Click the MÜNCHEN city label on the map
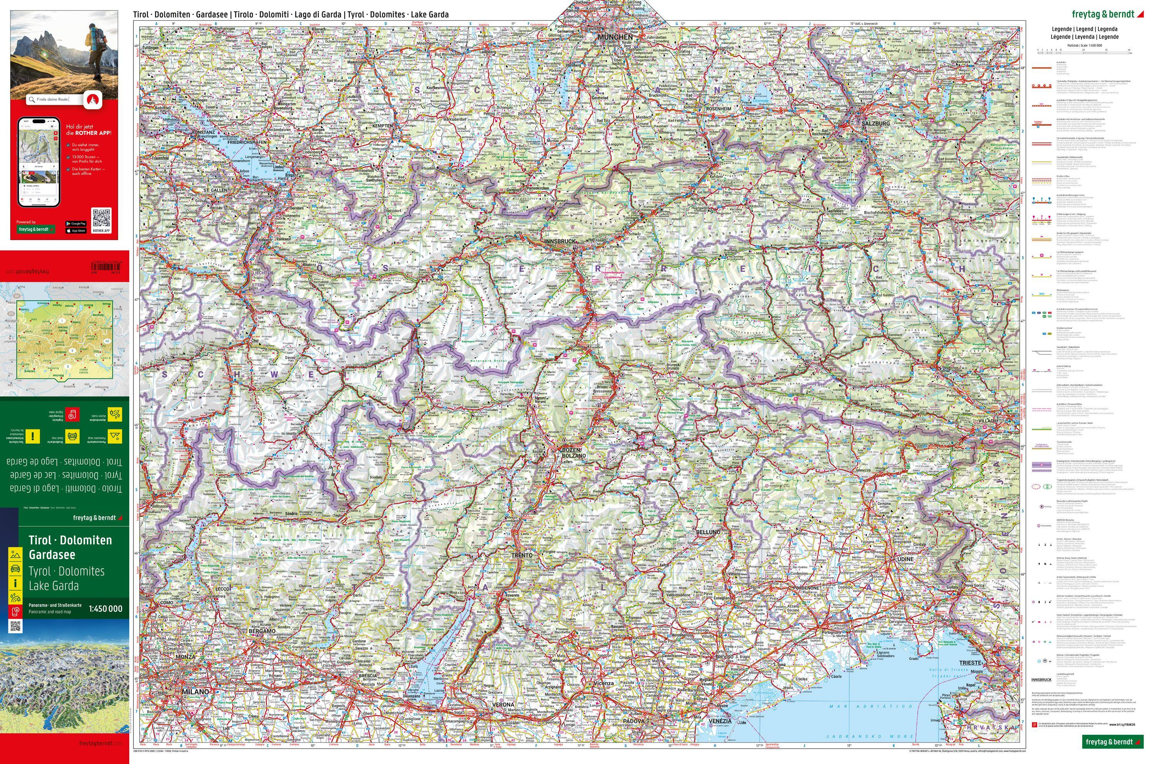(x=616, y=37)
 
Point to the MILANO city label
(x=195, y=691)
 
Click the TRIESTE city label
(x=970, y=663)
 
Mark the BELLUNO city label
(x=708, y=533)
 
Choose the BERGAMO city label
(x=262, y=631)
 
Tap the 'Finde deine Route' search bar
(x=53, y=100)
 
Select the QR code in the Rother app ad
(x=102, y=217)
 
